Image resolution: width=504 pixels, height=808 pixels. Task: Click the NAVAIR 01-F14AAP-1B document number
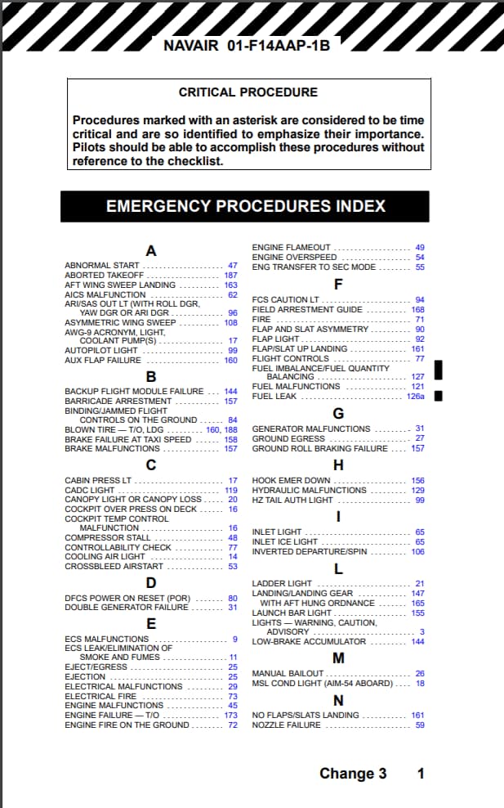click(x=247, y=46)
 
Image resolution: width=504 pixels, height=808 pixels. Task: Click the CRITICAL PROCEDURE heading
click(x=248, y=92)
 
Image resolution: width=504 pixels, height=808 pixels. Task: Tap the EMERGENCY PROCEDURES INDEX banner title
click(x=246, y=206)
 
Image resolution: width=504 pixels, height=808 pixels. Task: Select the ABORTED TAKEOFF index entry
click(x=104, y=276)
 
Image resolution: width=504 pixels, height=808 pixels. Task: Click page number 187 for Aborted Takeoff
click(x=230, y=276)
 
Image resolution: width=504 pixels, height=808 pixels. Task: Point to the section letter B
click(x=151, y=377)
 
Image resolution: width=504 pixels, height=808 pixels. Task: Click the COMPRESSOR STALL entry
click(x=108, y=538)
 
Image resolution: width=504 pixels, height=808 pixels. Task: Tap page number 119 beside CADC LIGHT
click(x=230, y=490)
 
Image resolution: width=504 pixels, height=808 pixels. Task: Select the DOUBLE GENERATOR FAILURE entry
click(x=127, y=608)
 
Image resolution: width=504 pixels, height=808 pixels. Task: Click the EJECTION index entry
click(x=85, y=676)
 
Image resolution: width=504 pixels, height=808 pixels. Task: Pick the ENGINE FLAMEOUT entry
click(x=292, y=247)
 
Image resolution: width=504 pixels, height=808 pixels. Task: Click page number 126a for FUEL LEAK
click(x=416, y=397)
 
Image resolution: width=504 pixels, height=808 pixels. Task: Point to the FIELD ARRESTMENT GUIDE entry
click(x=307, y=310)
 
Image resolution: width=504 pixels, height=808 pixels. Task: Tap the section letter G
click(x=338, y=413)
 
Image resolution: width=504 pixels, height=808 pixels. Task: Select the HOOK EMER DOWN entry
click(x=292, y=481)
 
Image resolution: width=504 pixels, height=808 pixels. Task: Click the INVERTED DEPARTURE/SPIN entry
click(x=310, y=552)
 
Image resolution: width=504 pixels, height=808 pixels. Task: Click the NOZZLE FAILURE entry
click(x=287, y=725)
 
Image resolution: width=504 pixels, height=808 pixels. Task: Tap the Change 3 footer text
click(x=353, y=774)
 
